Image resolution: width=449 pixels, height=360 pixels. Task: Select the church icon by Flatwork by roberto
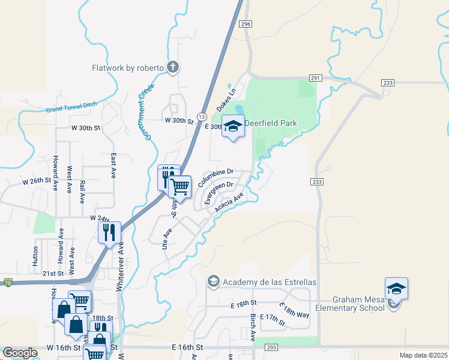click(173, 67)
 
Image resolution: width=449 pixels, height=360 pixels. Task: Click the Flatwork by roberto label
click(127, 68)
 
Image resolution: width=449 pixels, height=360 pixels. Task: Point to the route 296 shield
click(245, 23)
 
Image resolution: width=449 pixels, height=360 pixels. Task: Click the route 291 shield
click(316, 78)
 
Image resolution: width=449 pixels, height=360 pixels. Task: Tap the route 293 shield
click(271, 348)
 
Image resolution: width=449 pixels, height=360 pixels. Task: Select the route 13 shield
click(201, 116)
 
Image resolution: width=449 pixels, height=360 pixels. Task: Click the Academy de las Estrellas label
click(269, 282)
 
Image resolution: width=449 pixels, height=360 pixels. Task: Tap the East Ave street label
click(113, 166)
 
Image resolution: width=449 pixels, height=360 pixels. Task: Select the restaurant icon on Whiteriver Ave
click(109, 232)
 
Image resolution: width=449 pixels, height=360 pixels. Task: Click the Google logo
click(20, 353)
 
